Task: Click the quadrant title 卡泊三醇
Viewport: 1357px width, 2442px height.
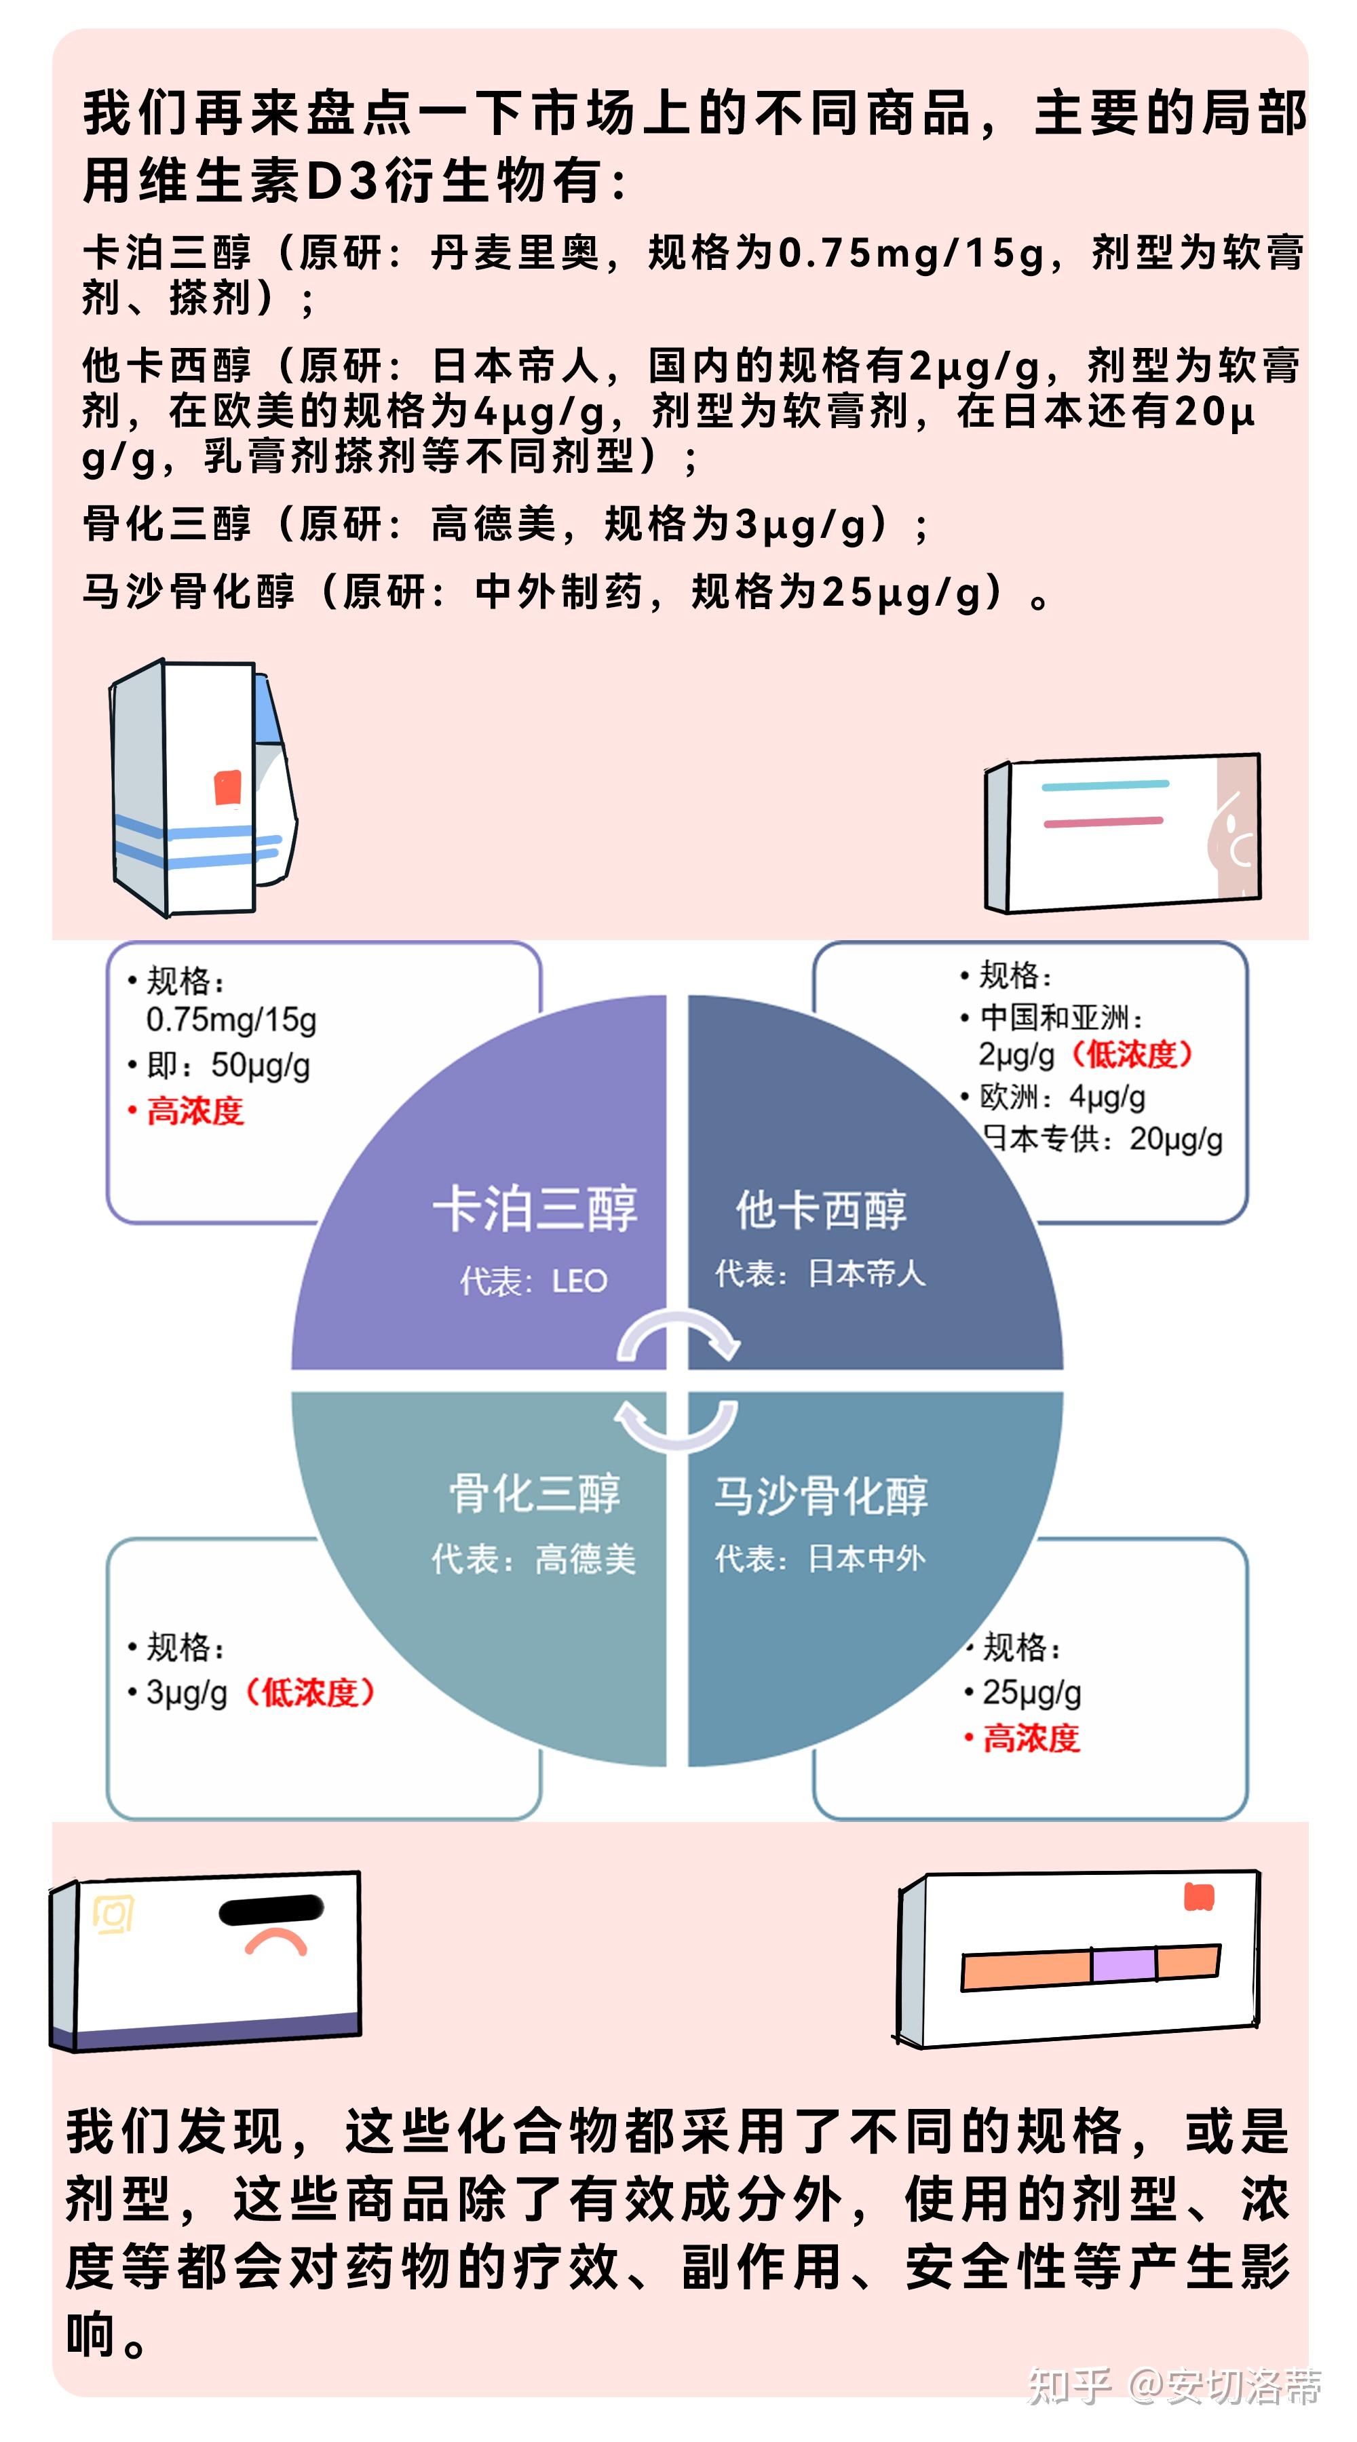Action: [535, 1209]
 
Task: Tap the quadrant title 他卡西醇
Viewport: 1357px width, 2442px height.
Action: [821, 1209]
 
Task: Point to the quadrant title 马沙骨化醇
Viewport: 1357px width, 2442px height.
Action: [821, 1495]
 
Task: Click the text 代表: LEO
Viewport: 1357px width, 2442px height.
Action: [533, 1281]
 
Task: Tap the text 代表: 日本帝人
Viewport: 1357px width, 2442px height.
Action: [820, 1273]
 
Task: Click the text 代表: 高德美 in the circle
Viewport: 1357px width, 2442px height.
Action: [533, 1559]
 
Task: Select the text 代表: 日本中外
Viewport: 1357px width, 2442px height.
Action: [820, 1559]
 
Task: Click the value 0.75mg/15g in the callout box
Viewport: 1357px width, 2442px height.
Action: [231, 1020]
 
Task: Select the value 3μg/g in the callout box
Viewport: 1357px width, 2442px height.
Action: [187, 1692]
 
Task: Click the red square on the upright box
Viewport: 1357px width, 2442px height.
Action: [227, 788]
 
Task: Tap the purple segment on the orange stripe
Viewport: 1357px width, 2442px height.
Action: [1123, 1963]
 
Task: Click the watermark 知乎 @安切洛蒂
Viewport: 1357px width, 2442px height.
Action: [1174, 2387]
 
